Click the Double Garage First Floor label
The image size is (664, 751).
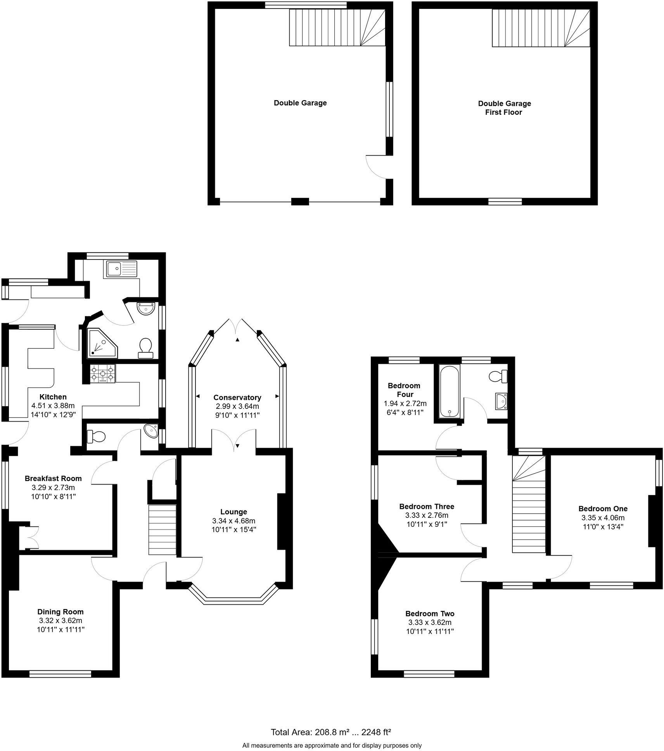tap(504, 108)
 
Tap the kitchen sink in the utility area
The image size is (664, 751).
tap(120, 268)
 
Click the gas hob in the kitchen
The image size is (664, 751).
tap(103, 374)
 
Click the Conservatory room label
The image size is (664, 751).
tap(237, 397)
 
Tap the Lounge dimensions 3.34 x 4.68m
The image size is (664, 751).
tap(233, 521)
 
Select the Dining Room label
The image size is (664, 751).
tap(61, 612)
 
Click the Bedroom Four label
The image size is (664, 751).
tap(404, 390)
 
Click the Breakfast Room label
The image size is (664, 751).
tap(53, 478)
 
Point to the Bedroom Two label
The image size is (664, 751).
tap(430, 613)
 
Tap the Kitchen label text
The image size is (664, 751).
tap(53, 396)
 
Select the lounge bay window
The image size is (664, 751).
tap(233, 600)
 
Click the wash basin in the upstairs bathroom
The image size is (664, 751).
tap(501, 401)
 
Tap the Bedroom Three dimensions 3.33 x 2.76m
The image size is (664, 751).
tap(427, 515)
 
